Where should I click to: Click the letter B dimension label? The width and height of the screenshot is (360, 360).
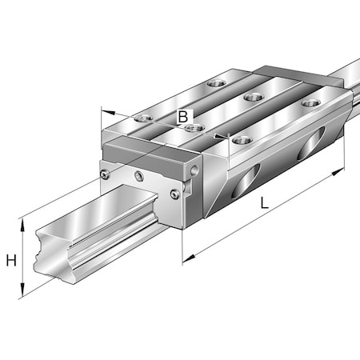[x=183, y=118]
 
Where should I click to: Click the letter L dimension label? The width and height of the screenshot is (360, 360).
[x=265, y=204]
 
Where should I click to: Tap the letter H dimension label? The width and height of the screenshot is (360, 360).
[x=10, y=259]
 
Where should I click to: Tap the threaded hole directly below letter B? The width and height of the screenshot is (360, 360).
[x=190, y=128]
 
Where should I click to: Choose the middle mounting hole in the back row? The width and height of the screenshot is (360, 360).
[x=254, y=97]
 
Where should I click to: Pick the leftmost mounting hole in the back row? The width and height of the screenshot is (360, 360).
[x=214, y=82]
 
